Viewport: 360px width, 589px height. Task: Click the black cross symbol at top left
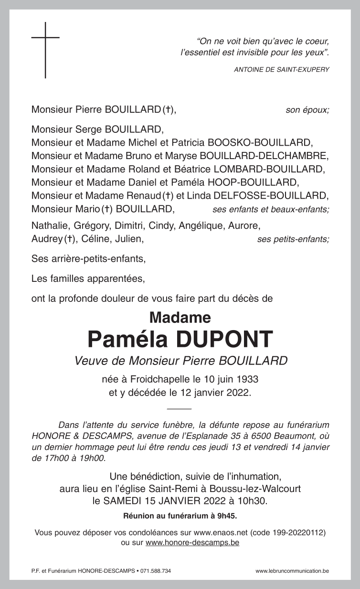[45, 50]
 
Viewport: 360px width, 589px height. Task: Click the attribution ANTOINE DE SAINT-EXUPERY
[282, 70]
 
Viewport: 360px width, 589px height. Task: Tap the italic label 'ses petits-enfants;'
[293, 239]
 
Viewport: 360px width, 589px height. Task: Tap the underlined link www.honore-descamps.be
[192, 543]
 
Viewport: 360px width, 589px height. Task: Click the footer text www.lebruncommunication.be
[292, 571]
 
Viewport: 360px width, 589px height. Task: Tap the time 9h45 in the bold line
[226, 516]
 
